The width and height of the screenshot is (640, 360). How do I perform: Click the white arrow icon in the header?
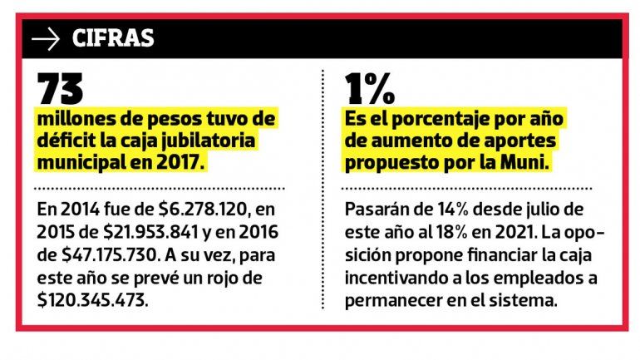(x=46, y=39)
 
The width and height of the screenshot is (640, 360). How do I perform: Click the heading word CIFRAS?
(x=113, y=39)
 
